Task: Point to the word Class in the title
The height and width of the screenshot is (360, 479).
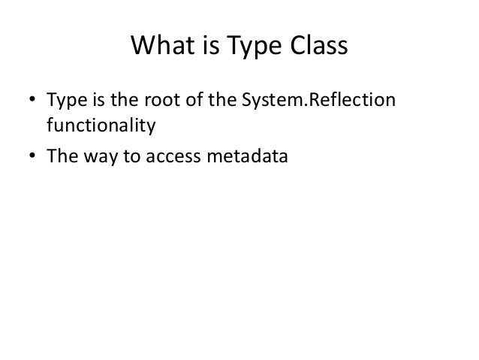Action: click(315, 47)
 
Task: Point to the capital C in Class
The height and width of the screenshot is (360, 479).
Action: click(291, 47)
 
